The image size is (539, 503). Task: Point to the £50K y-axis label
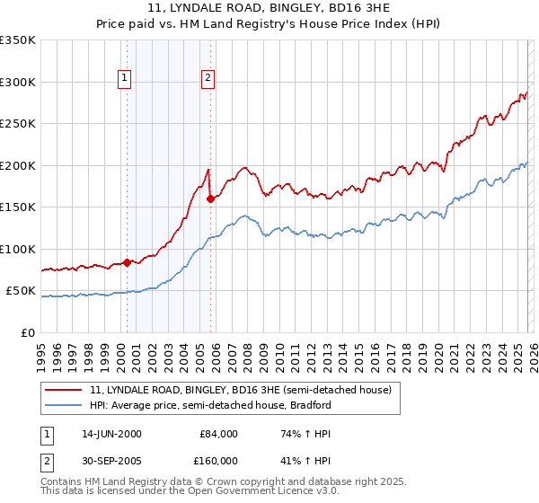(x=20, y=291)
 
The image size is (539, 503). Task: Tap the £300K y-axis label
(x=17, y=82)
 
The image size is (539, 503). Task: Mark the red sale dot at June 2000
(x=127, y=262)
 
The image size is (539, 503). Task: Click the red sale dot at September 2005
(x=210, y=199)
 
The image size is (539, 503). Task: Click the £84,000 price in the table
(x=218, y=434)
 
